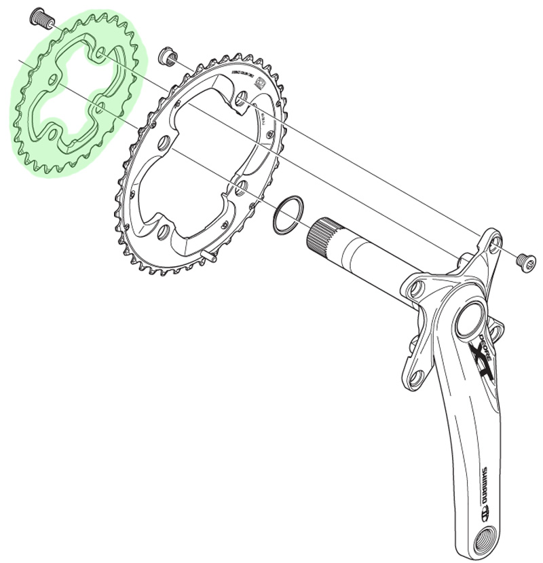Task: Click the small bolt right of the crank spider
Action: click(523, 259)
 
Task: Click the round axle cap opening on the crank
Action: click(470, 320)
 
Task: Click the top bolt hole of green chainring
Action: click(101, 53)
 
